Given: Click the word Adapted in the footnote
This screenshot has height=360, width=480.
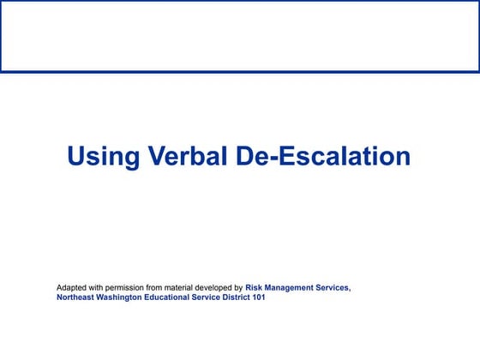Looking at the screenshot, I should tap(73, 287).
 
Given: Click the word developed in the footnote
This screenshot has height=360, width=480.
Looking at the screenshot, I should tap(220, 287).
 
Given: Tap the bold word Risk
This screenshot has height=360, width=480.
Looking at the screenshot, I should tap(255, 287).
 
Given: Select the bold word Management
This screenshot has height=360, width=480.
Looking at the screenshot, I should tap(292, 287).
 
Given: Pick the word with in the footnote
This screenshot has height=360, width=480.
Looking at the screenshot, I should tap(100, 287).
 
